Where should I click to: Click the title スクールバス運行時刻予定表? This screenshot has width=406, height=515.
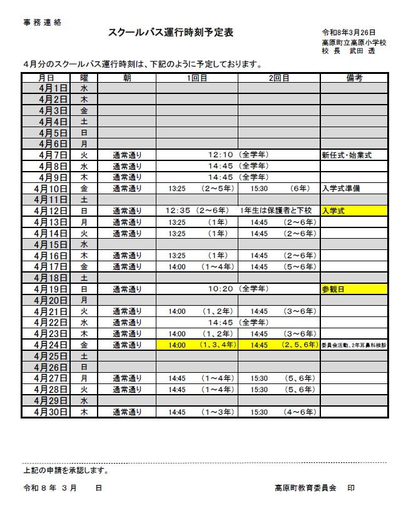coord(171,33)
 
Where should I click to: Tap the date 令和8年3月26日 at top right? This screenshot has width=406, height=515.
coord(348,33)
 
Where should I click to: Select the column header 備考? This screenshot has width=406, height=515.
coord(354,78)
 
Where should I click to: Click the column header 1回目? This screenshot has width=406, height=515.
coord(196,78)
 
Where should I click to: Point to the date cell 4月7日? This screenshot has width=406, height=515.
coord(53,155)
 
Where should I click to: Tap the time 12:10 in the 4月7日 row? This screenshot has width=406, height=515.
coord(220,155)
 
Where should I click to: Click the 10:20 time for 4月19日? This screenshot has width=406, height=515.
coord(220,289)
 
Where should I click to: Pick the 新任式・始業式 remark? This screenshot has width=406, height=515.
coord(347,155)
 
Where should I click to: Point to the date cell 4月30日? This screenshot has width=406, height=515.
coord(53,412)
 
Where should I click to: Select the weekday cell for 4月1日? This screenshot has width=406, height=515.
coord(84,88)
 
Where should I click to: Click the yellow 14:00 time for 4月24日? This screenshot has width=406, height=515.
coord(177,345)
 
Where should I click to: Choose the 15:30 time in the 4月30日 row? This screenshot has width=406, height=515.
coord(259,412)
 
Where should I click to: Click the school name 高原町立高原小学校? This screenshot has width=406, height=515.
coord(353,42)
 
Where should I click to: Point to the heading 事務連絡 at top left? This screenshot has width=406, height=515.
coord(43,22)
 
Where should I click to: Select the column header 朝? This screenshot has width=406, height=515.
coord(127,78)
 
